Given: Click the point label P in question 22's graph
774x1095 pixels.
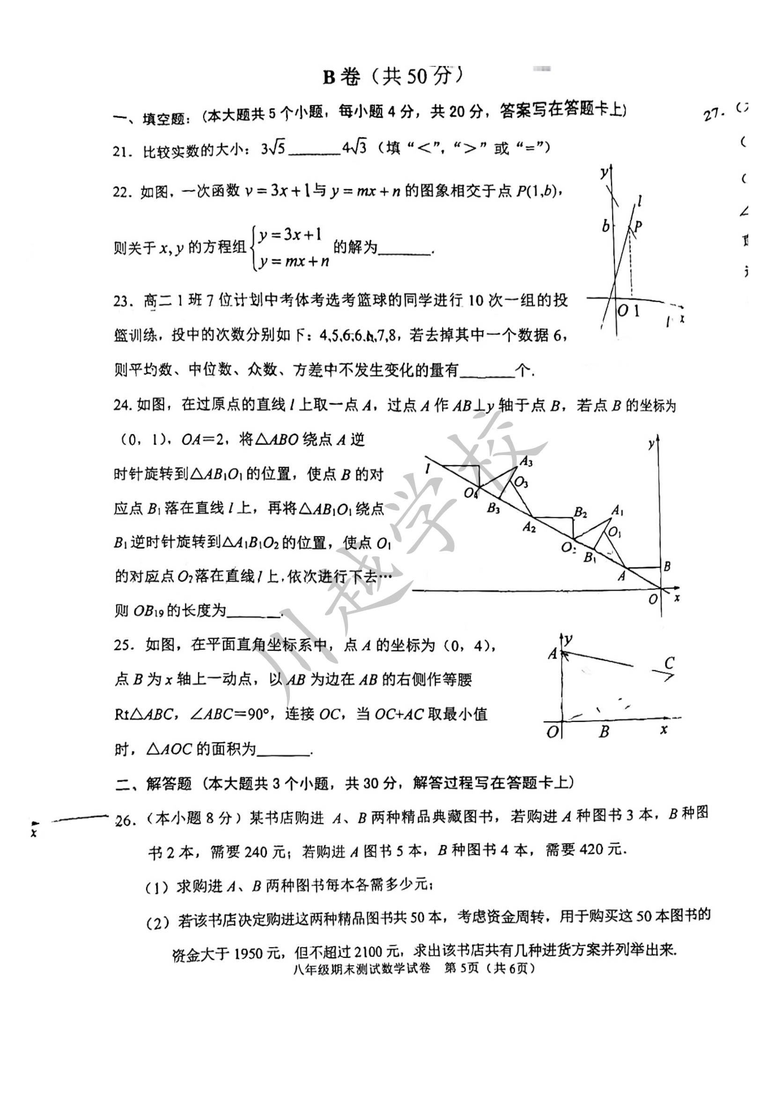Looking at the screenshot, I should (638, 226).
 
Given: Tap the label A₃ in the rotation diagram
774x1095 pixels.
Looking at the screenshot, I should (525, 461).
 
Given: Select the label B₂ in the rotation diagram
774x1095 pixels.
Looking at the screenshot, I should (580, 513).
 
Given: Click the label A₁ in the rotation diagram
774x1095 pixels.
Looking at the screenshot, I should (618, 511).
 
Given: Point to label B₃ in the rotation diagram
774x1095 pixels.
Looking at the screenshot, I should (493, 508).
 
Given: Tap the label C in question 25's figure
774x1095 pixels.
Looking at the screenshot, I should (669, 662).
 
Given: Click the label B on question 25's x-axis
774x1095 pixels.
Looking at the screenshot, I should (604, 731).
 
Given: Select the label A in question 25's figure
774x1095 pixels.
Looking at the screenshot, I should (552, 654).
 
